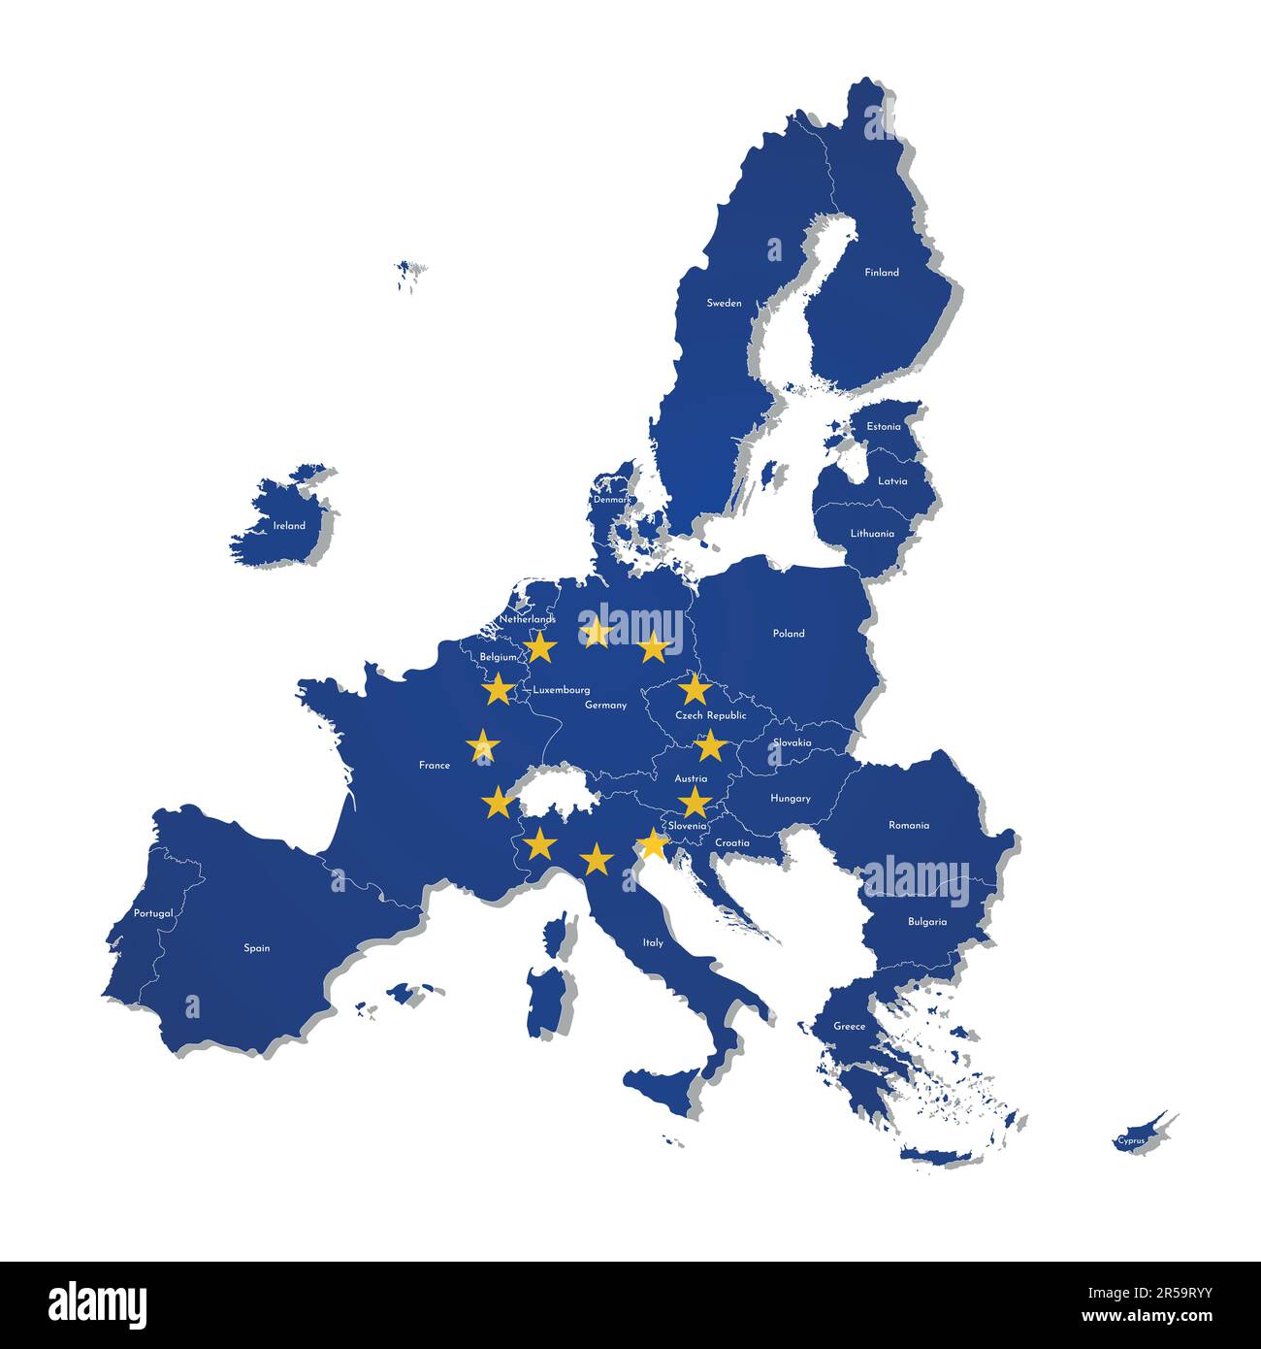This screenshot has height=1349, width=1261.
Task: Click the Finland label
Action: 882,273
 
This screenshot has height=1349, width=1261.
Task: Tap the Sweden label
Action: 724,303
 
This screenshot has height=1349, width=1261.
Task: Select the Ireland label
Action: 289,526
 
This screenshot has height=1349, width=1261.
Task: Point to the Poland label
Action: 789,634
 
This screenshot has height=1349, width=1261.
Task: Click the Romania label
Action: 909,826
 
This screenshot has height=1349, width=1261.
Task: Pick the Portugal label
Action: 153,913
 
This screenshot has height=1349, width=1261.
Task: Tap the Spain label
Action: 257,948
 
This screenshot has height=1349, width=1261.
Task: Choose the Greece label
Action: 850,1027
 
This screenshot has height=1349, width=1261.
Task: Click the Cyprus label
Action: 1131,1140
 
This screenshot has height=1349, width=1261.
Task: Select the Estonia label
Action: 884,427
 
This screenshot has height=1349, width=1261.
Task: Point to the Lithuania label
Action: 872,534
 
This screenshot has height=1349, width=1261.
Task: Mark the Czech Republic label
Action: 711,715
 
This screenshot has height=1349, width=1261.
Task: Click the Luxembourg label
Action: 562,690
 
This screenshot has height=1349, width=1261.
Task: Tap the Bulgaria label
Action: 927,922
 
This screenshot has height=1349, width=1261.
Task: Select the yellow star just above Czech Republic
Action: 695,688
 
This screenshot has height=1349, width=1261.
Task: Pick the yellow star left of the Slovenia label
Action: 654,844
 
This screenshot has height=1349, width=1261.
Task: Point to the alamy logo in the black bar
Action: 97,1304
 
